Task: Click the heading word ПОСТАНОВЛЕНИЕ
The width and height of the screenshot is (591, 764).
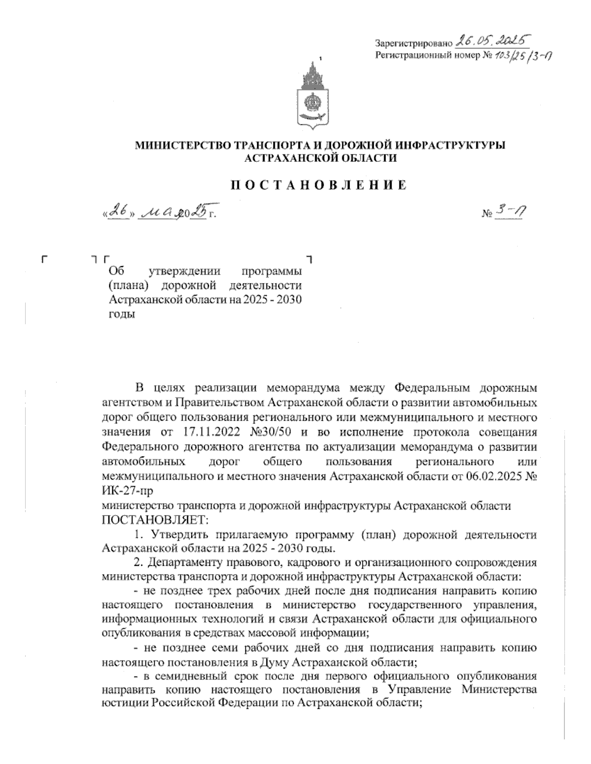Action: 319,185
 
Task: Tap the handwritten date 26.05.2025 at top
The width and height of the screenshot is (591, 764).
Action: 496,40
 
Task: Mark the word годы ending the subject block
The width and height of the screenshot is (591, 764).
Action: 121,314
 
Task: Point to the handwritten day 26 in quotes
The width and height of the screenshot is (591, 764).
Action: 118,212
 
